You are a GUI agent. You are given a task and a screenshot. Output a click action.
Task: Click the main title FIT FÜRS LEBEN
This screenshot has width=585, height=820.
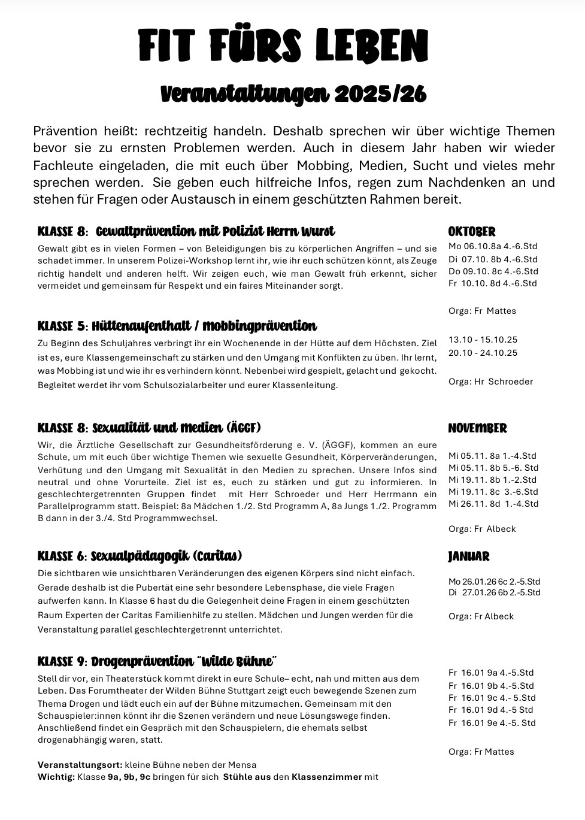(283, 46)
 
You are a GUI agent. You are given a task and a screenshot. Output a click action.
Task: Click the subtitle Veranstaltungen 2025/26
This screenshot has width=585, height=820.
(293, 94)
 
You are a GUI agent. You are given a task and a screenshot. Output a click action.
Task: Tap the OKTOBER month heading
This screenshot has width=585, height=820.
(472, 232)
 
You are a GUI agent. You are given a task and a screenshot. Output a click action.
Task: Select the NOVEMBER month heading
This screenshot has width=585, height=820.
(477, 428)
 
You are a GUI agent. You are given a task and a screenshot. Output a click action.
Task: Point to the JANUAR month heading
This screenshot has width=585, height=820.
(468, 556)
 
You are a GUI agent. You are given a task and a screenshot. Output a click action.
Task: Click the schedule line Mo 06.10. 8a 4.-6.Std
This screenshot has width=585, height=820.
(493, 246)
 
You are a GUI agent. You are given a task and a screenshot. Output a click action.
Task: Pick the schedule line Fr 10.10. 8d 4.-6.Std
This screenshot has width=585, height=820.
(493, 283)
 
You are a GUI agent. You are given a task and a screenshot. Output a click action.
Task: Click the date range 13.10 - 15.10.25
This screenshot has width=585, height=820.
(483, 340)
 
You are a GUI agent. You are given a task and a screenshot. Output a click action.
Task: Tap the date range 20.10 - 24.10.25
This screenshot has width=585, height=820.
(483, 353)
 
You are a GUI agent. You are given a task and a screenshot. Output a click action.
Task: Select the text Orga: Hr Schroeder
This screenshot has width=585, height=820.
(490, 382)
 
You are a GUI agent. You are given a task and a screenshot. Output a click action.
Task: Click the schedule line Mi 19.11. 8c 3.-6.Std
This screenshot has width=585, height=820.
(493, 492)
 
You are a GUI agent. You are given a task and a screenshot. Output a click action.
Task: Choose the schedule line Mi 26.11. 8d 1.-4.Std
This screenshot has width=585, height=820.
(493, 504)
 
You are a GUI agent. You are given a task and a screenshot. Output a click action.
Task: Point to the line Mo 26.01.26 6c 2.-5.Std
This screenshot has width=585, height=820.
(494, 581)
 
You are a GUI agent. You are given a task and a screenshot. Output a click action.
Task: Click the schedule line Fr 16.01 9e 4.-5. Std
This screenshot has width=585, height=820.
(492, 723)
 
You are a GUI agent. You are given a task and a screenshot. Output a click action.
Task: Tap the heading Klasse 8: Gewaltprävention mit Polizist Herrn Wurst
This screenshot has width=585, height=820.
(186, 232)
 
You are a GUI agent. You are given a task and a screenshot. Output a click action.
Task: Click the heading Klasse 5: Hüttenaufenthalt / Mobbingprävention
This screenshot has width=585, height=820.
(177, 326)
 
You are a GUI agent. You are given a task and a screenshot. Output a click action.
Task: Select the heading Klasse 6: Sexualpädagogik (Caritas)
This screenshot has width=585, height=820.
(140, 556)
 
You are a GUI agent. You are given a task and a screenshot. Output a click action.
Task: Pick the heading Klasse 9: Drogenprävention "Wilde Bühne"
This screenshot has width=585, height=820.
(157, 662)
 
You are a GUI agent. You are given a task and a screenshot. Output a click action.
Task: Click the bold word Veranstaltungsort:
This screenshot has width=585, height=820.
(80, 765)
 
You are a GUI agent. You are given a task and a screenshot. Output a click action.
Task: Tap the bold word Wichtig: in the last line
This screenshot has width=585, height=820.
(56, 777)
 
